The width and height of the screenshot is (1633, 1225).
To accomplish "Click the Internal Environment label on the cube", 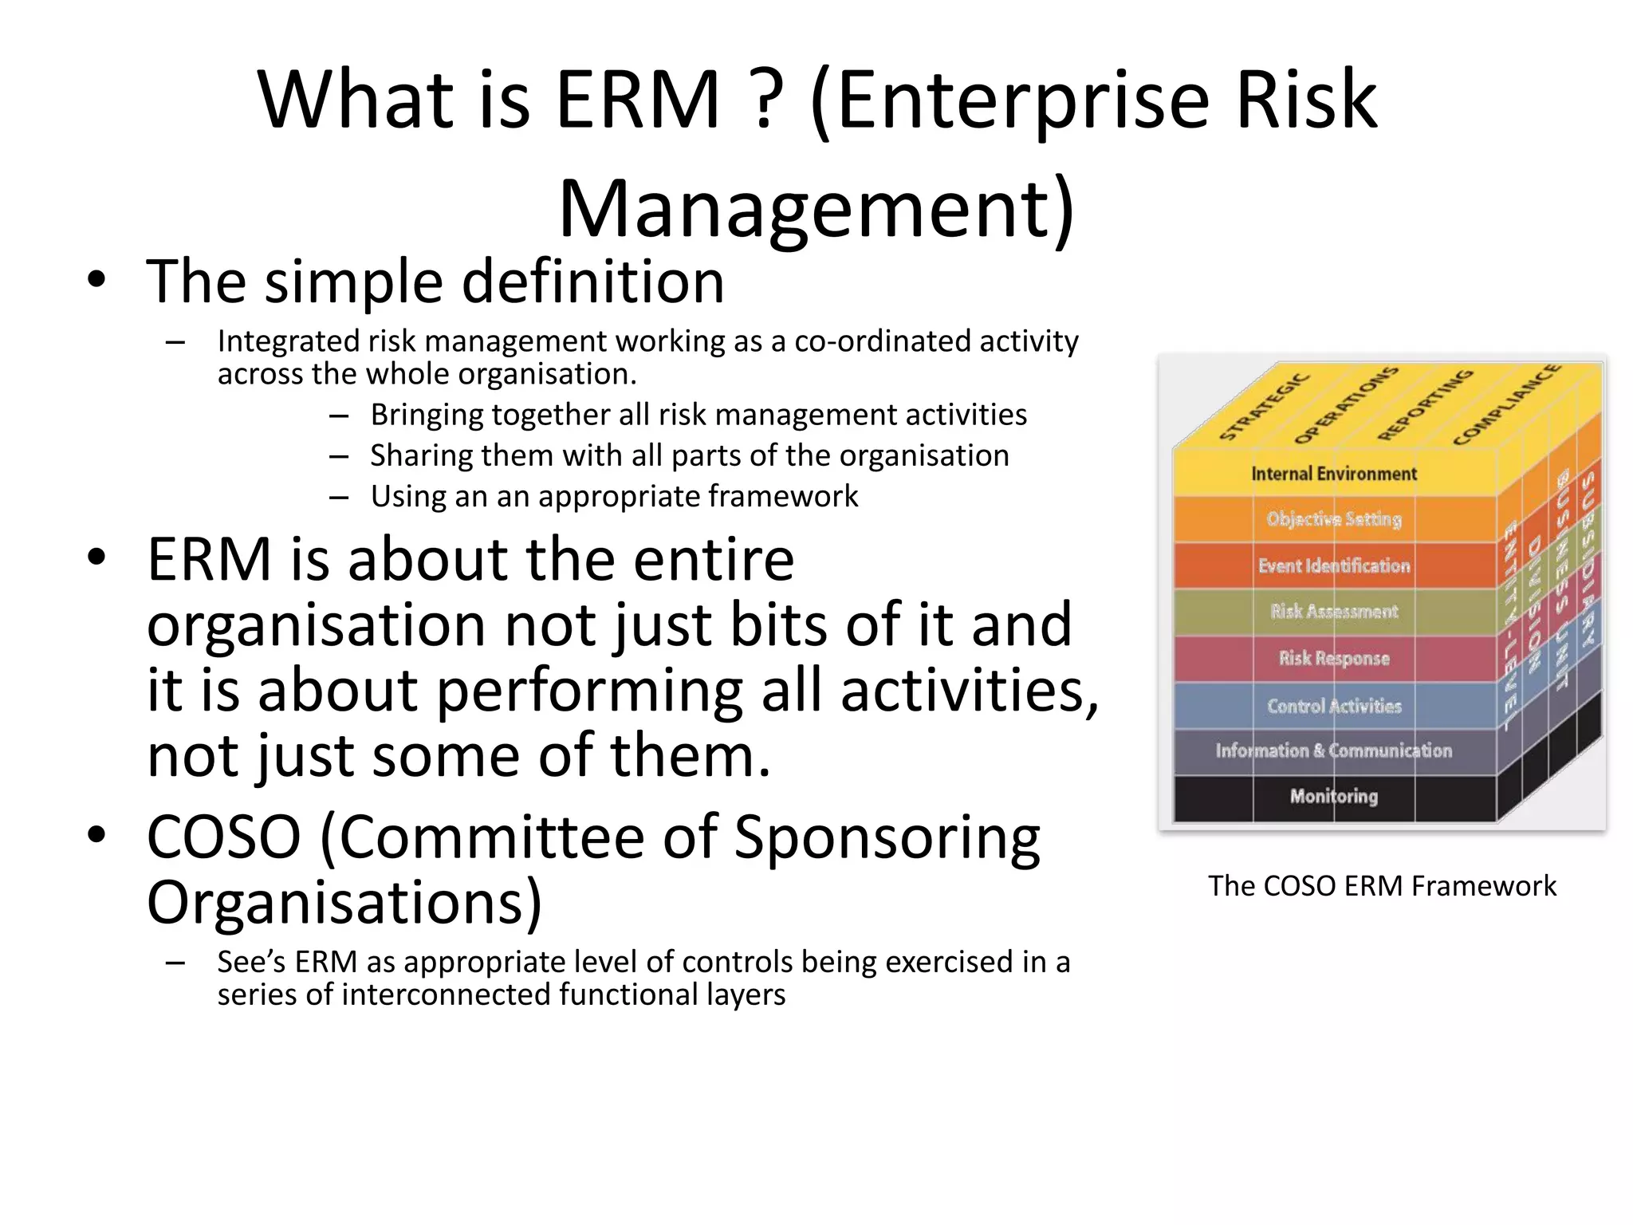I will pyautogui.click(x=1333, y=474).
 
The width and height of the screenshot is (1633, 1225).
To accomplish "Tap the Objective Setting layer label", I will pyautogui.click(x=1333, y=519).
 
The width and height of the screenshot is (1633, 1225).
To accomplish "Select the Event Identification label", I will pyautogui.click(x=1333, y=565).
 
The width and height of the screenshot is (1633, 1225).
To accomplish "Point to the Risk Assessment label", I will pyautogui.click(x=1333, y=612).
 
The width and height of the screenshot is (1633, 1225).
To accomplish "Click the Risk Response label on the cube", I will pyautogui.click(x=1333, y=658).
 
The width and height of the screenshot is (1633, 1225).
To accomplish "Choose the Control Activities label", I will pyautogui.click(x=1333, y=706).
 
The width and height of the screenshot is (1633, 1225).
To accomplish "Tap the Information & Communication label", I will pyautogui.click(x=1333, y=750).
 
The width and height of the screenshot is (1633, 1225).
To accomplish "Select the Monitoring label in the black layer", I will pyautogui.click(x=1333, y=796).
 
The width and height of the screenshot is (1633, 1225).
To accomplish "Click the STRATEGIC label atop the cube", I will pyautogui.click(x=1264, y=406).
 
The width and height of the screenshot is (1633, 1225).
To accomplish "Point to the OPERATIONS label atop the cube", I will pyautogui.click(x=1346, y=405).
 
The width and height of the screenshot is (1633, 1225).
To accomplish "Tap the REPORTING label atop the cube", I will pyautogui.click(x=1425, y=404).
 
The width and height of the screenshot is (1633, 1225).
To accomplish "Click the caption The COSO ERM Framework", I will pyautogui.click(x=1382, y=886).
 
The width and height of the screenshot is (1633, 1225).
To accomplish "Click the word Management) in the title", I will pyautogui.click(x=816, y=209).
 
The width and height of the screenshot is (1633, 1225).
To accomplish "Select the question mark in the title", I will pyautogui.click(x=764, y=100).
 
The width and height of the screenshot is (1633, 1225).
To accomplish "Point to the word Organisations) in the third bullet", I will pyautogui.click(x=344, y=902).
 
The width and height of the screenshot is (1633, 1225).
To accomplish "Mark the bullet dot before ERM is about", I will pyautogui.click(x=96, y=557).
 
